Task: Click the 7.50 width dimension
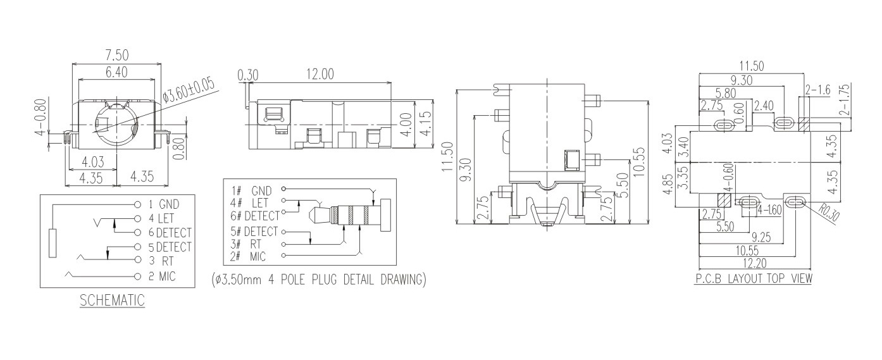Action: [x=116, y=56]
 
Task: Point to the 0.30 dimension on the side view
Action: [x=247, y=75]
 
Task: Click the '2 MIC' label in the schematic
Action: [x=161, y=276]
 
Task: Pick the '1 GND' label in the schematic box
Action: [x=164, y=205]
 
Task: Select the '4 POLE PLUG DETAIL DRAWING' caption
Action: [x=318, y=279]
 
